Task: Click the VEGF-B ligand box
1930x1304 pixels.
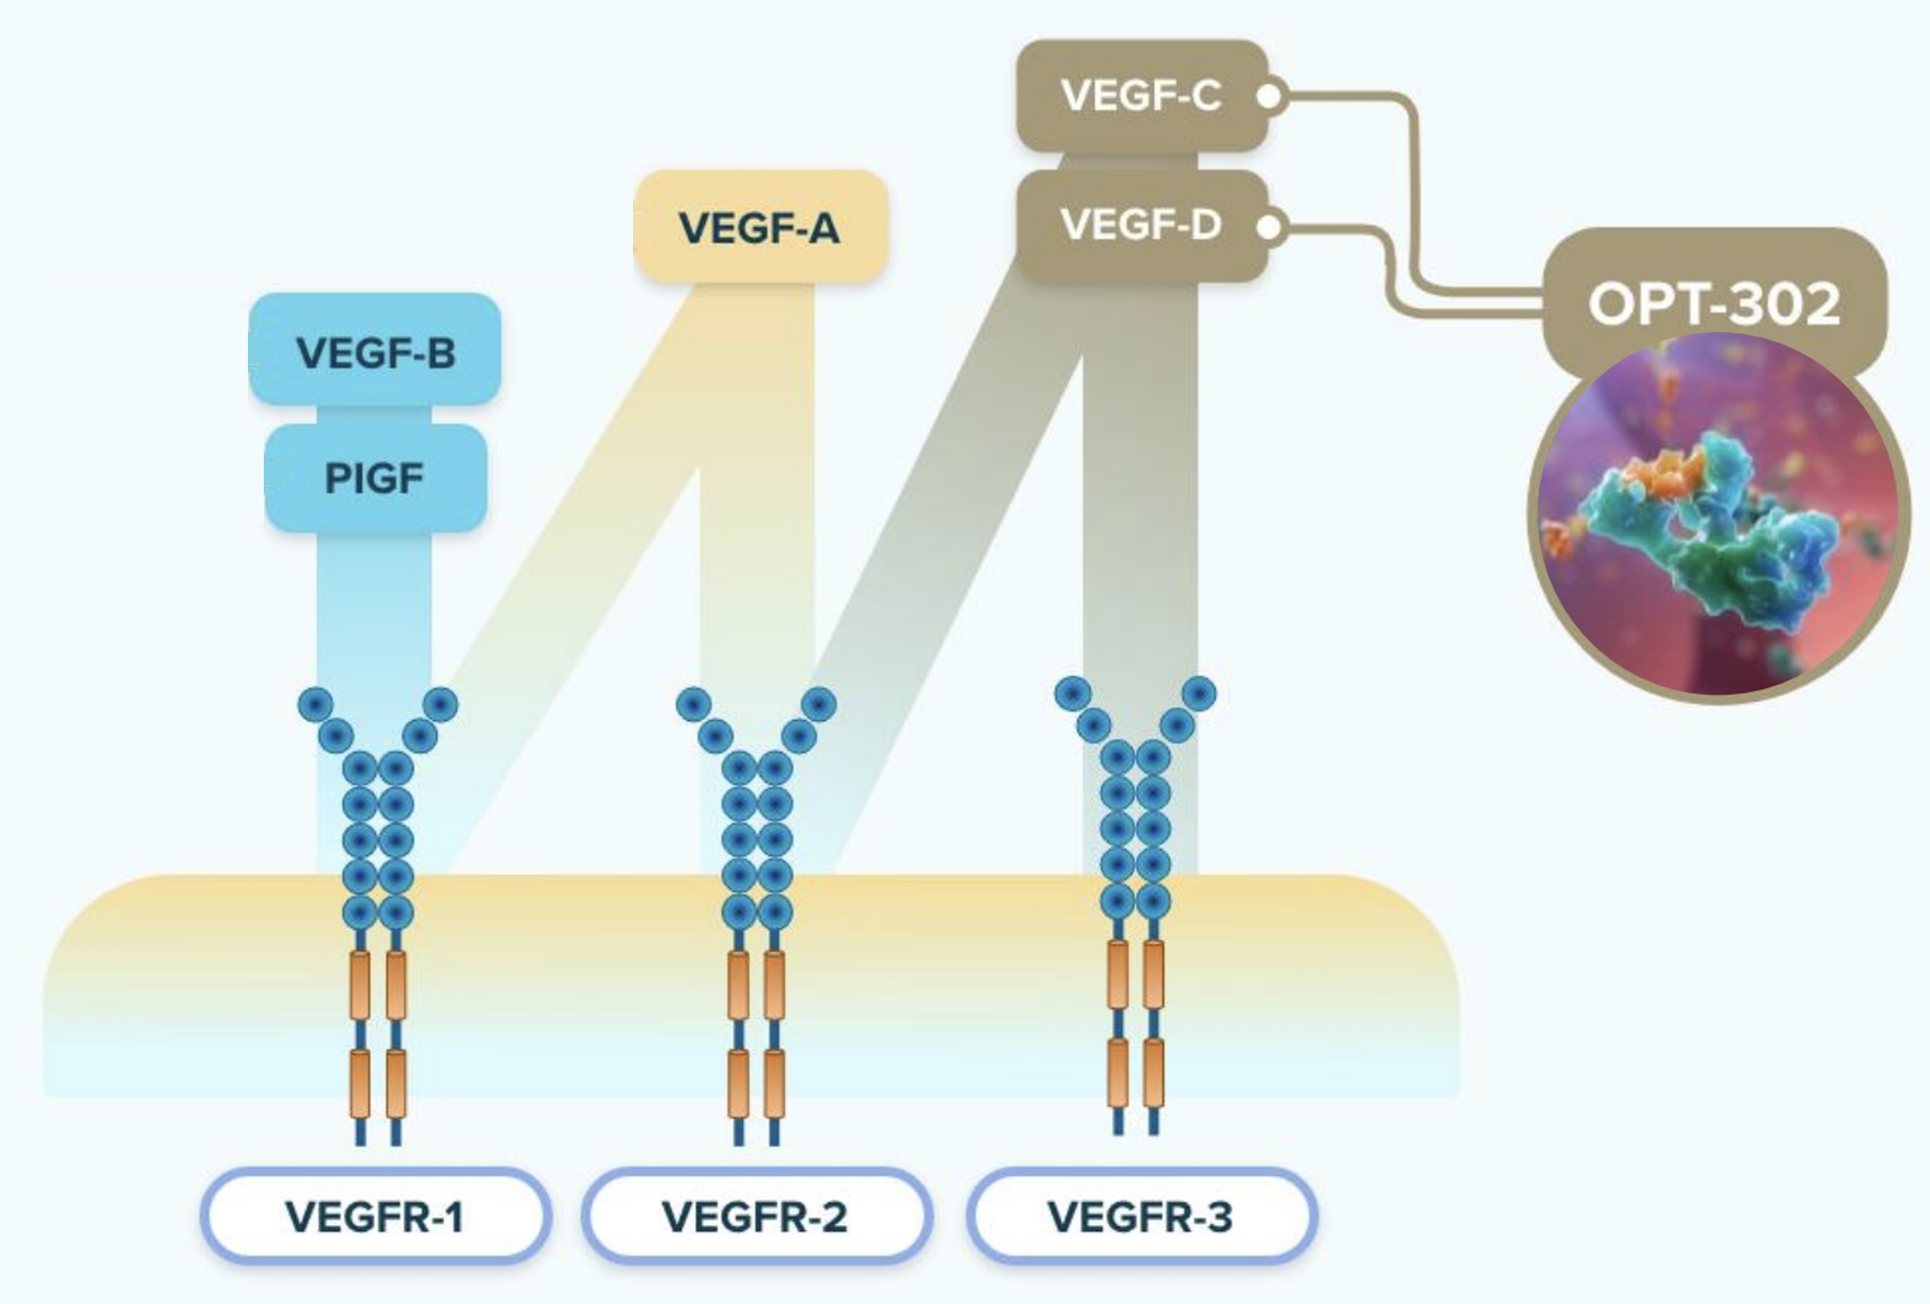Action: click(x=375, y=352)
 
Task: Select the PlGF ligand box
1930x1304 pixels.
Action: click(x=375, y=478)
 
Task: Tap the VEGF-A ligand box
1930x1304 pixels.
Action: click(x=760, y=228)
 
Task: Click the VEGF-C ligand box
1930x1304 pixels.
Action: click(x=1141, y=96)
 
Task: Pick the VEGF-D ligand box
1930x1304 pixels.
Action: click(x=1141, y=225)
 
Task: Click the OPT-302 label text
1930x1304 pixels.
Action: click(x=1714, y=304)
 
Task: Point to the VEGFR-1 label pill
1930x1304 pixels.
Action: click(x=375, y=1217)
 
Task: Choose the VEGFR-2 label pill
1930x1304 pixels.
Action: click(x=755, y=1217)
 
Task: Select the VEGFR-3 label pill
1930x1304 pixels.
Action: click(x=1140, y=1217)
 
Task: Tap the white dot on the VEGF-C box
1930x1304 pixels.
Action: click(x=1269, y=97)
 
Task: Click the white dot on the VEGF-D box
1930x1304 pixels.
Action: click(x=1269, y=227)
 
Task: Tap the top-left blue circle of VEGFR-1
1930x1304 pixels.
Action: click(x=316, y=704)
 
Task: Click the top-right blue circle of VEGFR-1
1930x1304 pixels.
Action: click(x=441, y=704)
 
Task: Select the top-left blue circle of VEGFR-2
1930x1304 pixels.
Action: click(x=694, y=704)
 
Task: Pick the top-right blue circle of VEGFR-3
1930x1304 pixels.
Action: click(x=1199, y=694)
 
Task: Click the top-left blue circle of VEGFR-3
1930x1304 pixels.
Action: click(x=1073, y=694)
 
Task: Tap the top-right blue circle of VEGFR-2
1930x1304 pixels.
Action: click(x=819, y=704)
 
